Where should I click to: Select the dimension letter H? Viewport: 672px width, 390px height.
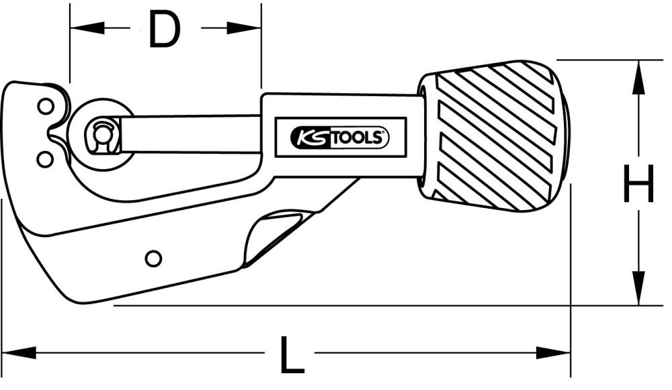point(638,185)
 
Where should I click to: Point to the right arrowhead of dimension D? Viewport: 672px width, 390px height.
point(245,28)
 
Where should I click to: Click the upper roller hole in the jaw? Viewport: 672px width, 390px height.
point(45,106)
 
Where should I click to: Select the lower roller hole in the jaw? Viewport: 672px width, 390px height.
point(45,158)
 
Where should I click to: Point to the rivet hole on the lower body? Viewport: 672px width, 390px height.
point(153,258)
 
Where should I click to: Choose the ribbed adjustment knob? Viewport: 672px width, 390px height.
point(494,134)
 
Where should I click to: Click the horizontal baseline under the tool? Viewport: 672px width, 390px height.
point(336,306)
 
